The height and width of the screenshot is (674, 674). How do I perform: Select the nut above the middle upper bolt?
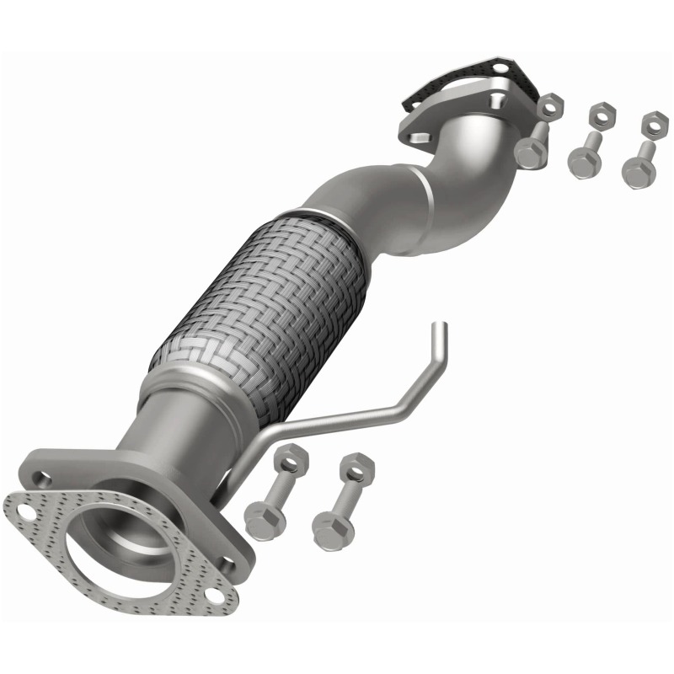[x=600, y=115]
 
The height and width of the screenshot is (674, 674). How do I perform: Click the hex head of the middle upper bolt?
[x=580, y=162]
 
